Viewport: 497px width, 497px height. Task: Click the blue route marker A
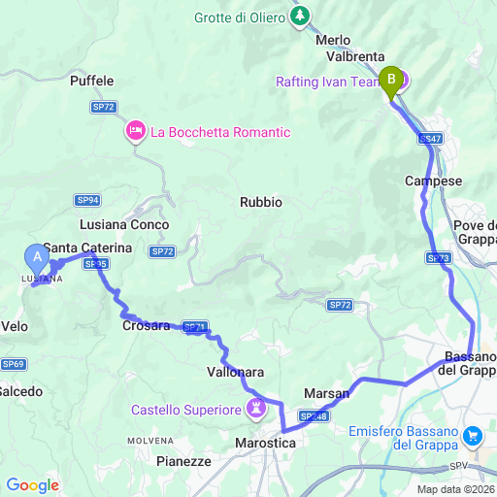[37, 257]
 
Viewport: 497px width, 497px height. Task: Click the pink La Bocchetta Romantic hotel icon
[135, 130]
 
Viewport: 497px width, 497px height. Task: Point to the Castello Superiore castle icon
[256, 407]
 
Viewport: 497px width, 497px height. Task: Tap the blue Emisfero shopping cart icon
[473, 436]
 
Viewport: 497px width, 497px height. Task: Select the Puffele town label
[92, 82]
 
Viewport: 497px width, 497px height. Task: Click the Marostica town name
[265, 442]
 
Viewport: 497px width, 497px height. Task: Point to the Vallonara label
[236, 372]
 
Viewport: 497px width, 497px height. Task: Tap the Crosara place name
[147, 326]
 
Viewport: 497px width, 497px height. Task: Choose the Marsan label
[327, 393]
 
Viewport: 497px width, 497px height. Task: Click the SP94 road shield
[87, 200]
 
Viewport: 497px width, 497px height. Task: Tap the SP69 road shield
[14, 364]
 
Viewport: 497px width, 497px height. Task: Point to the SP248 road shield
[313, 416]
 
